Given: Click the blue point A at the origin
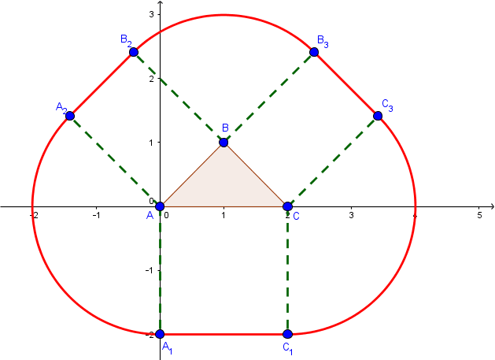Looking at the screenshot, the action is [160, 206].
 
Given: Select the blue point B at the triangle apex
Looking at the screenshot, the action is [223, 143].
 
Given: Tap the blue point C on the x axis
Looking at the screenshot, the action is [287, 206].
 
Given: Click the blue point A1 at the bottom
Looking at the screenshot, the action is [160, 334].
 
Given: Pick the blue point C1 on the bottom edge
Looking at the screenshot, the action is [287, 334].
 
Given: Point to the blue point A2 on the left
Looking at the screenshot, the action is [70, 116].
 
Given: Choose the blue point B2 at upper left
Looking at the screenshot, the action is [134, 52].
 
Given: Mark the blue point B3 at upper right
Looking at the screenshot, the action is [314, 52].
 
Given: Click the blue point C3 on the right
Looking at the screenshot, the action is [378, 116].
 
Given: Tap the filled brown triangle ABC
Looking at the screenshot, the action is [223, 186].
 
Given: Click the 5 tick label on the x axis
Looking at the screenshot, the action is [479, 214].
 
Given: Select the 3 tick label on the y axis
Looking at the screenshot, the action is [153, 15].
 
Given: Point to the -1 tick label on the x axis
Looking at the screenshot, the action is [96, 214].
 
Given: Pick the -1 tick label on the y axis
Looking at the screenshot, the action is [151, 269].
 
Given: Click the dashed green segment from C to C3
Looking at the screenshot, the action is [333, 161].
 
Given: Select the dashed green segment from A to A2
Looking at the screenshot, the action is [115, 161].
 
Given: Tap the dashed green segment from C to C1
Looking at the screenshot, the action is [287, 270].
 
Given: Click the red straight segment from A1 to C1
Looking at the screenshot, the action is [223, 334].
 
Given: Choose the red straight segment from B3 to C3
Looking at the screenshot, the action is [346, 84].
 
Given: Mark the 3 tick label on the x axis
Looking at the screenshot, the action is [351, 214].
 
